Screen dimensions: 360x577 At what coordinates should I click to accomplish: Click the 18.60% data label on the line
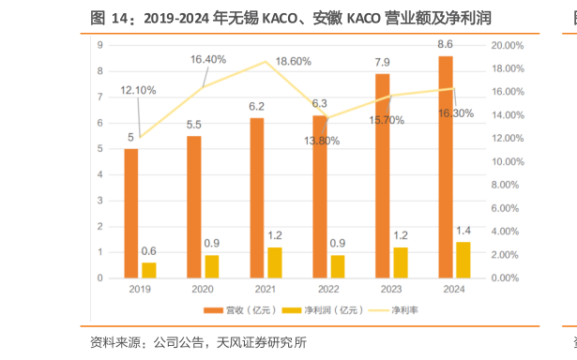click(294, 61)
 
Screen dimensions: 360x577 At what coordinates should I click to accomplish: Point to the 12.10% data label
click(138, 90)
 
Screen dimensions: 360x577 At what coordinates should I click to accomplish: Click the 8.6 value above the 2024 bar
click(446, 44)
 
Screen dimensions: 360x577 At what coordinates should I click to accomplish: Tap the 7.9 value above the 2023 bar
click(383, 62)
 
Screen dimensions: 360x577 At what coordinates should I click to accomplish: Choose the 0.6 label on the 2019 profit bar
click(148, 250)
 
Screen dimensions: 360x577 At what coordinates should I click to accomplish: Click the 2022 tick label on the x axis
click(328, 290)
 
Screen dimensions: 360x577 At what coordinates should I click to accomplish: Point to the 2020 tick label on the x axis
click(203, 290)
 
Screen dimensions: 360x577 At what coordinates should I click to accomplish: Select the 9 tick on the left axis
click(99, 45)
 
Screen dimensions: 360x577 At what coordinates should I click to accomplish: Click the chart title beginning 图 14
click(291, 18)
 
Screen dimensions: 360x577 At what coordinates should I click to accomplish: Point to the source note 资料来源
click(197, 342)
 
